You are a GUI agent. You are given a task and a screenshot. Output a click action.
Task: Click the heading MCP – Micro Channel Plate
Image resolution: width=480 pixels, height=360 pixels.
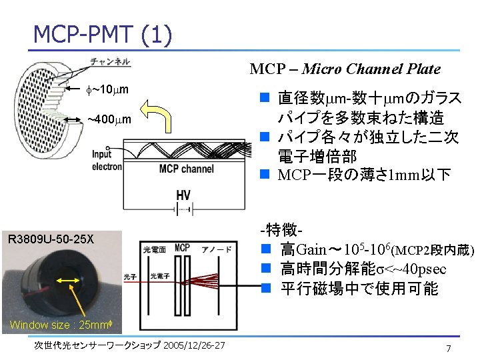345,69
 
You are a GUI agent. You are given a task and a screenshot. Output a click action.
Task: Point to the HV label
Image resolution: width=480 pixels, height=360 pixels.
184,195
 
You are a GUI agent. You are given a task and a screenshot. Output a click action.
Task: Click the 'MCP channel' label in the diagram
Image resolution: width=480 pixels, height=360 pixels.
187,169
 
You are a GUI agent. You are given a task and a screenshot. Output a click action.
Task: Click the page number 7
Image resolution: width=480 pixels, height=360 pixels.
449,349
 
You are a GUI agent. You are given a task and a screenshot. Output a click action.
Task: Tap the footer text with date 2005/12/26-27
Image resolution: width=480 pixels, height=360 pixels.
130,345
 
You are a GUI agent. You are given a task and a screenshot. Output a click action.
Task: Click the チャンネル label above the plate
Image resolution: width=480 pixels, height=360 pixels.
111,62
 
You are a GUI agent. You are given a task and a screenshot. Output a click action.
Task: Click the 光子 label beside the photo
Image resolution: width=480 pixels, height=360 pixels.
130,276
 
